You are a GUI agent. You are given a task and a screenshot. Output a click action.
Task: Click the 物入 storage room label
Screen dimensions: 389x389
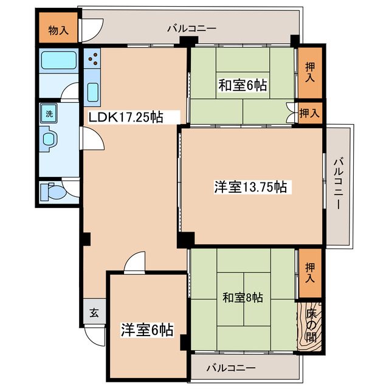[58, 30]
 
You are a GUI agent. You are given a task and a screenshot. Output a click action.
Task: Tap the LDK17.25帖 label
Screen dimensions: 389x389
[126, 117]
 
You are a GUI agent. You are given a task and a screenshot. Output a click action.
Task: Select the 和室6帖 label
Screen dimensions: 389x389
[243, 85]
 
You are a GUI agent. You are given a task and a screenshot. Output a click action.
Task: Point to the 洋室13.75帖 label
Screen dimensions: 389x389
[250, 187]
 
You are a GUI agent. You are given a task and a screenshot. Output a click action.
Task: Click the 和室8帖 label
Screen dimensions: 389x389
[243, 297]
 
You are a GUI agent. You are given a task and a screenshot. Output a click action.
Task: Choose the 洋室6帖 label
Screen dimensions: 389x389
[147, 329]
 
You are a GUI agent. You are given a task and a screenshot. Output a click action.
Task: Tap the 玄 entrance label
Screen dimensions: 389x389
[94, 313]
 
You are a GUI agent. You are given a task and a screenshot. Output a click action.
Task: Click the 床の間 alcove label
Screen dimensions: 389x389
[311, 326]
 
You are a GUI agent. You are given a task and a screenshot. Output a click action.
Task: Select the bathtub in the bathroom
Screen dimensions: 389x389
[58, 60]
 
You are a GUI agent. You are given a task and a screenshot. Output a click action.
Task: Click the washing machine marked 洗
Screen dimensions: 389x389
[49, 114]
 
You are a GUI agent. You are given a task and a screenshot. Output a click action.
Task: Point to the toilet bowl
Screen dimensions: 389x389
[52, 191]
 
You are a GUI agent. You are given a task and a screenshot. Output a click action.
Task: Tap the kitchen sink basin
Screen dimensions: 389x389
[92, 92]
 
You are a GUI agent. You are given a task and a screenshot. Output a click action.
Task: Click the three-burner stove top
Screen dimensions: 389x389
[92, 58]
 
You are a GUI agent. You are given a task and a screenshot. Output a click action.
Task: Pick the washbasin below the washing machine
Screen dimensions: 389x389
[49, 139]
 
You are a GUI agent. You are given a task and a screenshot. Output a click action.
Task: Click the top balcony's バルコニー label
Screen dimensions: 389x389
[191, 29]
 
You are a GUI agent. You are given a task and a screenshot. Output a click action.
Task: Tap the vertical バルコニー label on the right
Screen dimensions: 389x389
[338, 183]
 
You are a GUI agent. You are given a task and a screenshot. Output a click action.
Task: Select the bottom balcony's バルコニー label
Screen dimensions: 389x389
[231, 367]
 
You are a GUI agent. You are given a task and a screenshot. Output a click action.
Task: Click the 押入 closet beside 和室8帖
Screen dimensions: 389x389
[310, 273]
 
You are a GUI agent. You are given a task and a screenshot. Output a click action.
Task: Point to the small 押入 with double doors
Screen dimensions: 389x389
[309, 114]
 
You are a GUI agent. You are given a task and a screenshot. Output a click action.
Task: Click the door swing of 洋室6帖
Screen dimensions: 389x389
[134, 262]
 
